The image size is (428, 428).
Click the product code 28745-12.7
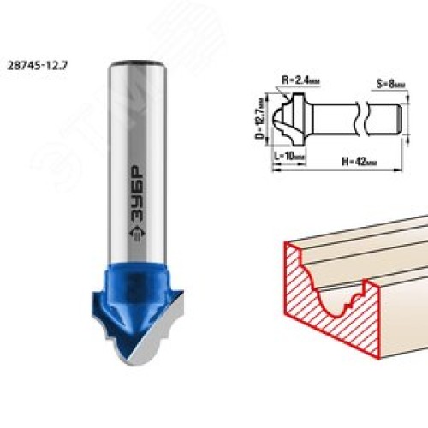(x=38, y=66)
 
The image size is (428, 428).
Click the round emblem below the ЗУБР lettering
(x=138, y=233)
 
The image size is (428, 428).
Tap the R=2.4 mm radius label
(x=300, y=80)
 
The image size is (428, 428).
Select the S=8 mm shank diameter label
(x=390, y=84)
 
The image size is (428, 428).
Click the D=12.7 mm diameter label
(x=259, y=119)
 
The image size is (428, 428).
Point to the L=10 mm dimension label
(x=289, y=156)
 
